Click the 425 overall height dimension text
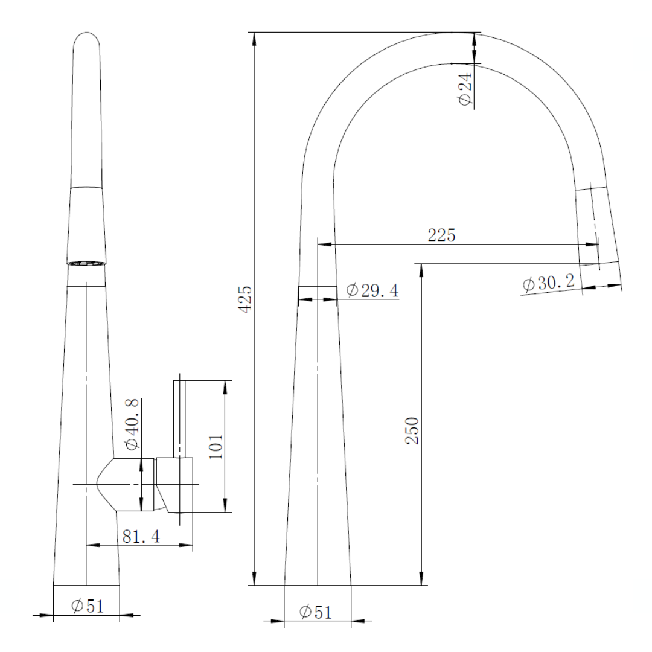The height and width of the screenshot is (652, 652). click(243, 298)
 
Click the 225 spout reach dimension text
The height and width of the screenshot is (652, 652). click(441, 235)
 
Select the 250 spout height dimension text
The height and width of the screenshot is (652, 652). click(412, 430)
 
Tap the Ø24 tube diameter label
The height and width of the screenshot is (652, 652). click(465, 91)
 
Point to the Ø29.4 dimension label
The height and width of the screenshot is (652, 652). click(372, 290)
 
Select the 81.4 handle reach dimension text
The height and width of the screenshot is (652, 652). click(141, 536)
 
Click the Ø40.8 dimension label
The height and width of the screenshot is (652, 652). click(132, 424)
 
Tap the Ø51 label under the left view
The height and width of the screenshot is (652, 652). click(87, 606)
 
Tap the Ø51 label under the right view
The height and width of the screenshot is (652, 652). click(315, 612)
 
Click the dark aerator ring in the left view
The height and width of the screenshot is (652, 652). click(87, 263)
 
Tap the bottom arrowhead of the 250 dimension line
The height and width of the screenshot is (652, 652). click(421, 580)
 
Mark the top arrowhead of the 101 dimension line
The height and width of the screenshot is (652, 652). click(226, 386)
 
